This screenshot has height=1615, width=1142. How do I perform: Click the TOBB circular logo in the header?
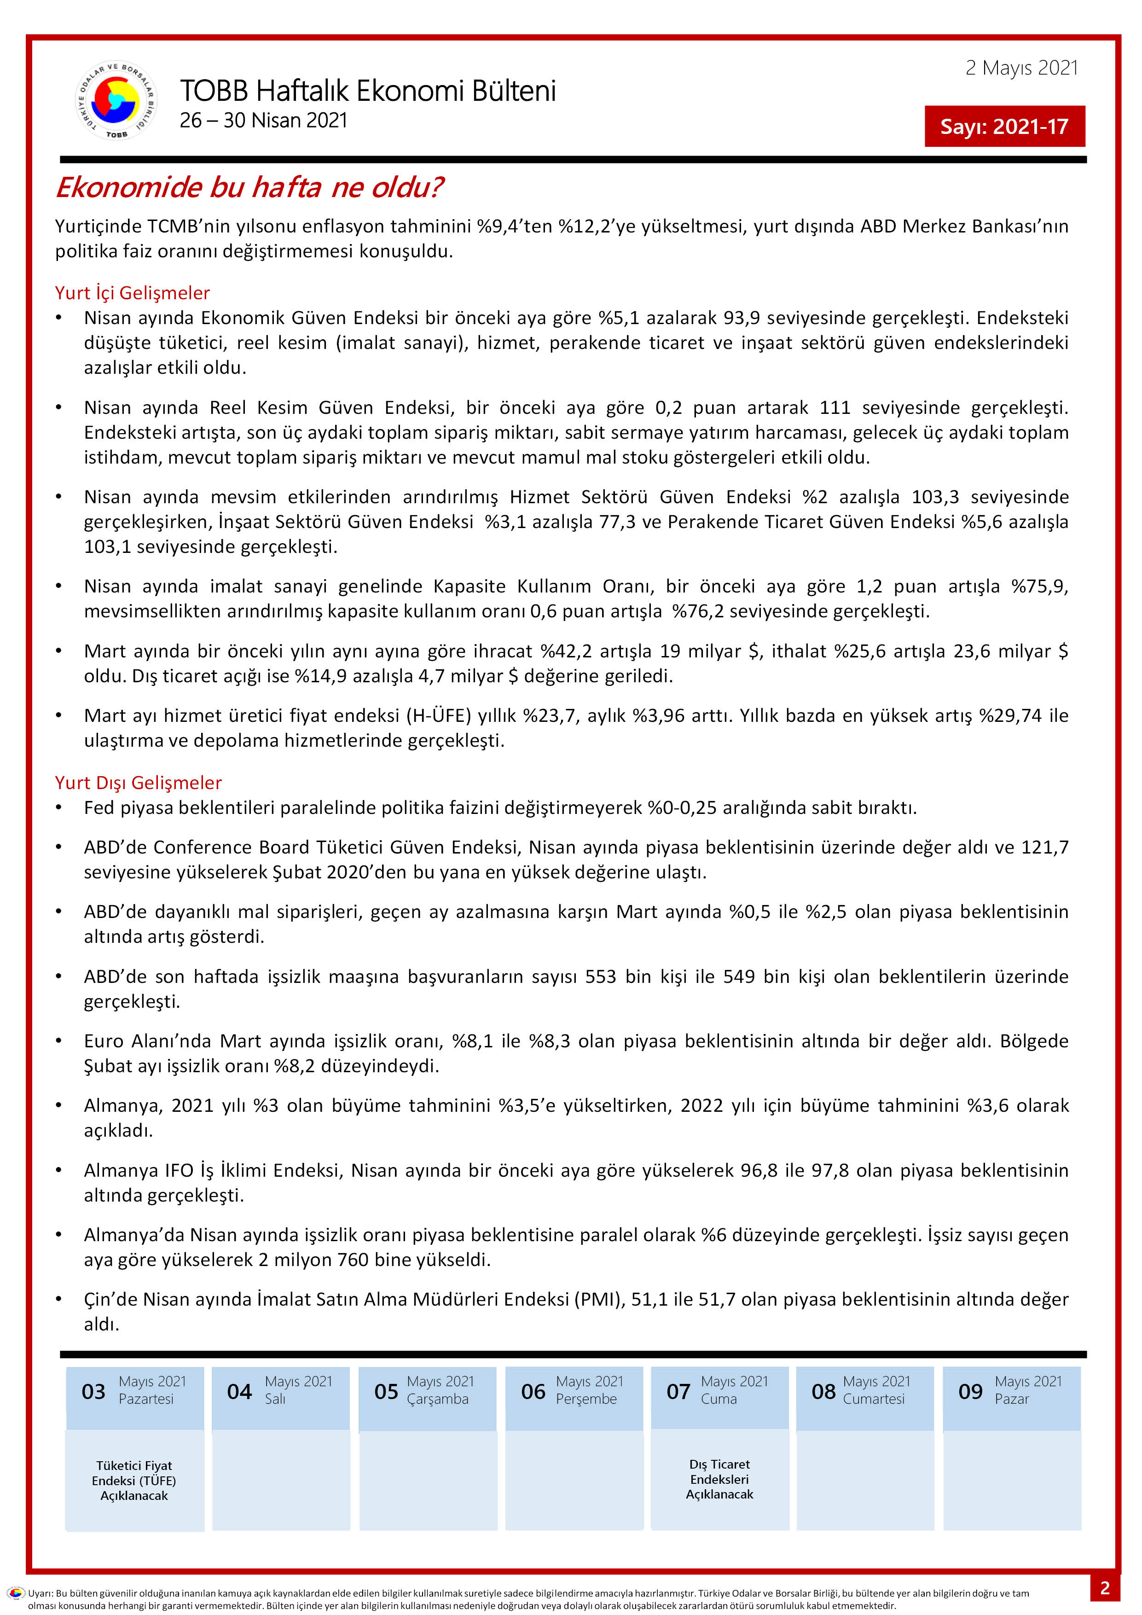tap(116, 100)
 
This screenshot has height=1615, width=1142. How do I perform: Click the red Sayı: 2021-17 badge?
tap(1004, 127)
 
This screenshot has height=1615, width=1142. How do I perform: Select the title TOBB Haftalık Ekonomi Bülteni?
tap(368, 91)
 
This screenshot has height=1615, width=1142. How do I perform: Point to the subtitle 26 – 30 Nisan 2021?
tap(264, 120)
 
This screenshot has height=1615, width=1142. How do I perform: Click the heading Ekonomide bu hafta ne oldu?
tap(249, 187)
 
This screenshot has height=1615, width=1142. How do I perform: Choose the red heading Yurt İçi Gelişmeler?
tap(132, 293)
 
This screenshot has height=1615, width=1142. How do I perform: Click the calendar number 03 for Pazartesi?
tap(93, 1391)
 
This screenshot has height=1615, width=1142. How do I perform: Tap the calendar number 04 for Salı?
tap(239, 1391)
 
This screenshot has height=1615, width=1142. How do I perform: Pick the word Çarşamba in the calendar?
tap(437, 1399)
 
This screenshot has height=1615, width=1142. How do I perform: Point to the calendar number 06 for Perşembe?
tap(533, 1391)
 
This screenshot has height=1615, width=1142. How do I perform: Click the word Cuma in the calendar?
tap(719, 1399)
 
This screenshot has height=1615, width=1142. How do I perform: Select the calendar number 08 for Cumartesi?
tap(823, 1391)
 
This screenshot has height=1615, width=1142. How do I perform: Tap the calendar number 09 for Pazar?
tap(970, 1391)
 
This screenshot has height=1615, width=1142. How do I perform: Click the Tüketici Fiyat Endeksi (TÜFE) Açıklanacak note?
tap(134, 1481)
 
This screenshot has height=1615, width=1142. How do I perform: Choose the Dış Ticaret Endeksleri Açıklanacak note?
tap(719, 1479)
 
